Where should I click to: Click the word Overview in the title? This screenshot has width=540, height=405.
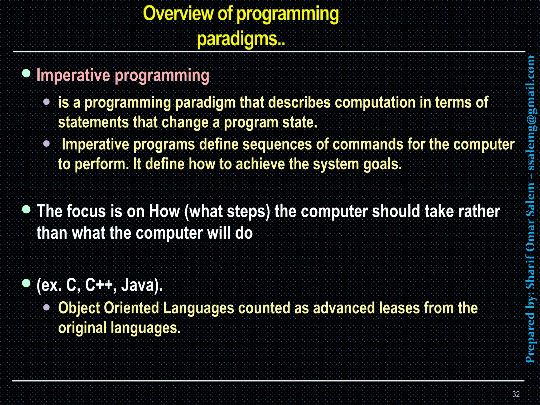click(178, 14)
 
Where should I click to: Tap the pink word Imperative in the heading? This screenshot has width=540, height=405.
click(73, 75)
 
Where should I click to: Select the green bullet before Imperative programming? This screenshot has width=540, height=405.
click(26, 73)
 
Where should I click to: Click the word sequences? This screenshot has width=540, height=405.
click(277, 144)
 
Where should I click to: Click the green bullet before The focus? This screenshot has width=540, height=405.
click(26, 210)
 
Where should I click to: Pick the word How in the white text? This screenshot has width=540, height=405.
click(164, 211)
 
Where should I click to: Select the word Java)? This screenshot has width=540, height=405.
click(142, 286)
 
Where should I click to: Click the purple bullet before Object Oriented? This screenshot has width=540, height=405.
click(46, 307)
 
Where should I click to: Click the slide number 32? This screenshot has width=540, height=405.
click(516, 394)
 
